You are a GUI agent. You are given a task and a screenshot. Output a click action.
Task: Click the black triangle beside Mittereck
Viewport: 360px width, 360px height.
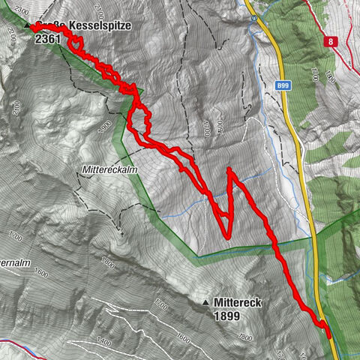pyautogui.click(x=206, y=302)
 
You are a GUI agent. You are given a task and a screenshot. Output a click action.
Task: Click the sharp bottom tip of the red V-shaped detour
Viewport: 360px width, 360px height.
pyautogui.click(x=227, y=237)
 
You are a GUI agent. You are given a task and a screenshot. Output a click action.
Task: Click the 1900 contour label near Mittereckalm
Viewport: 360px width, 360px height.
pyautogui.click(x=104, y=124)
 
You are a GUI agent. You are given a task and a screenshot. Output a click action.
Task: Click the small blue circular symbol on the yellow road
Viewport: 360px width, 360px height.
pyautogui.click(x=254, y=14)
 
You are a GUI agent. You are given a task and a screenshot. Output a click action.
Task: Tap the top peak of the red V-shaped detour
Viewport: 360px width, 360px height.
pyautogui.click(x=229, y=171)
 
